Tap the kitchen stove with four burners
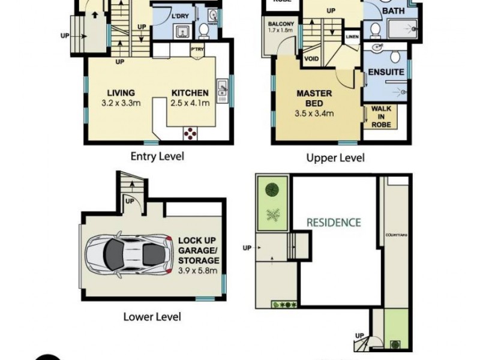191,133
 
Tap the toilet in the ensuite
394,56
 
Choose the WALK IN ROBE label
382,116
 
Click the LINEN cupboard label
352,37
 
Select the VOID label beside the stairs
311,59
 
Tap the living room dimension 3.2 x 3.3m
121,103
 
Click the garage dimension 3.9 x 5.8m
199,270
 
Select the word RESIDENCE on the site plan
334,222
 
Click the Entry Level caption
157,157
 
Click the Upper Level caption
335,158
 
